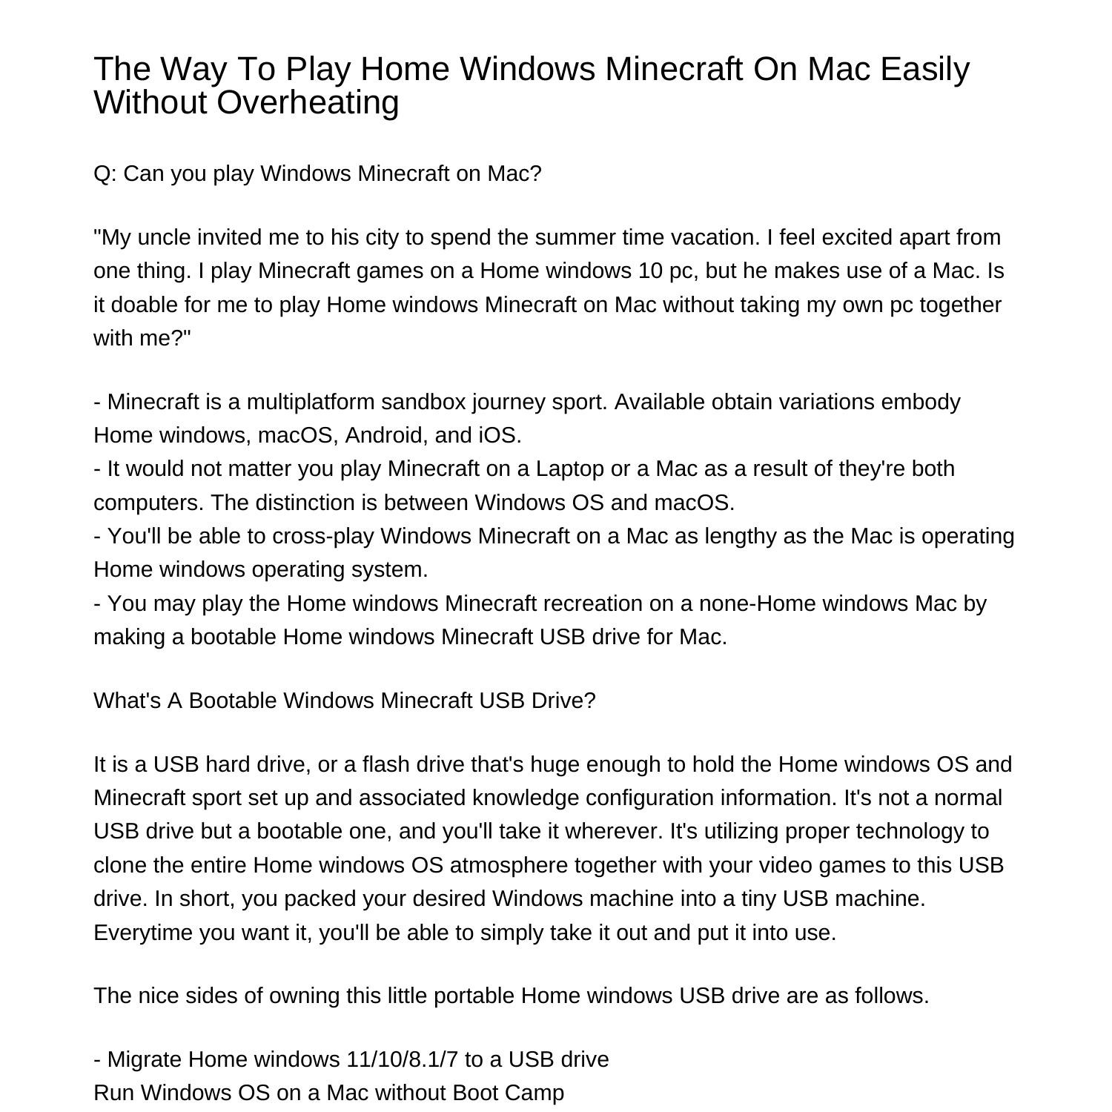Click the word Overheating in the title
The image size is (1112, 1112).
tap(308, 102)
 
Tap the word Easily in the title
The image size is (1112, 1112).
tap(924, 69)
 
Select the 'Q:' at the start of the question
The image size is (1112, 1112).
tap(105, 173)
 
